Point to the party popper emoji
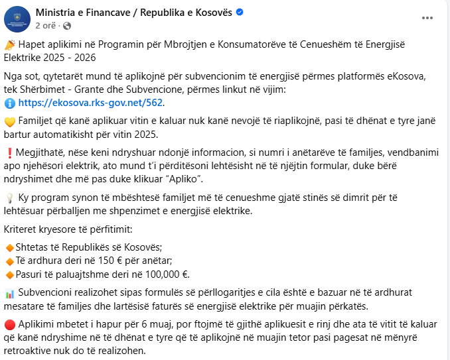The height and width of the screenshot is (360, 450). (x=9, y=44)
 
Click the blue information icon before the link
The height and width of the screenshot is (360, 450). (x=9, y=103)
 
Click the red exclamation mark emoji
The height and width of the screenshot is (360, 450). (x=9, y=151)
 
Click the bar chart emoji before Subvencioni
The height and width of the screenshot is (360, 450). (x=9, y=293)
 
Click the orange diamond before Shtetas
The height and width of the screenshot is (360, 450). (x=9, y=247)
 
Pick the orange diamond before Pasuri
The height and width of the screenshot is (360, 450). (x=9, y=274)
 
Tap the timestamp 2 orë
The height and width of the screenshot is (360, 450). (x=46, y=25)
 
